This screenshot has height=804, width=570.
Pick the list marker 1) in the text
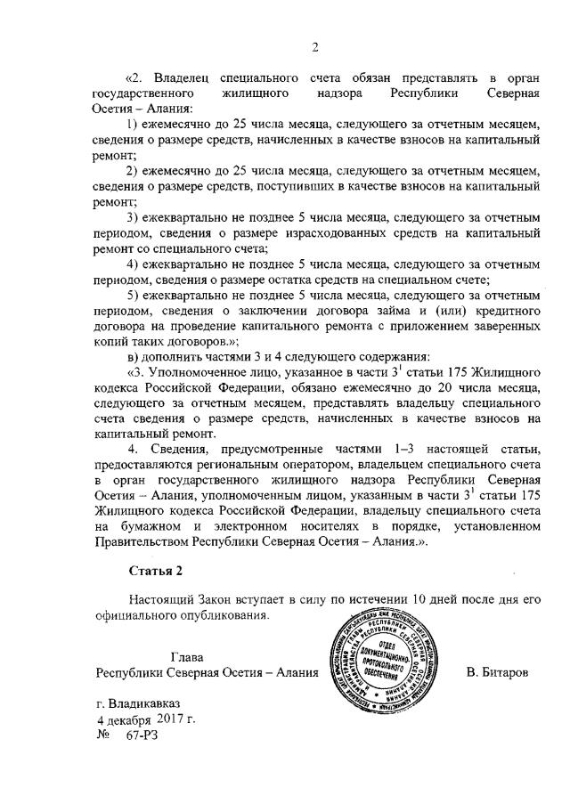[133, 125]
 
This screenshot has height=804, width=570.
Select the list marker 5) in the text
[133, 295]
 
